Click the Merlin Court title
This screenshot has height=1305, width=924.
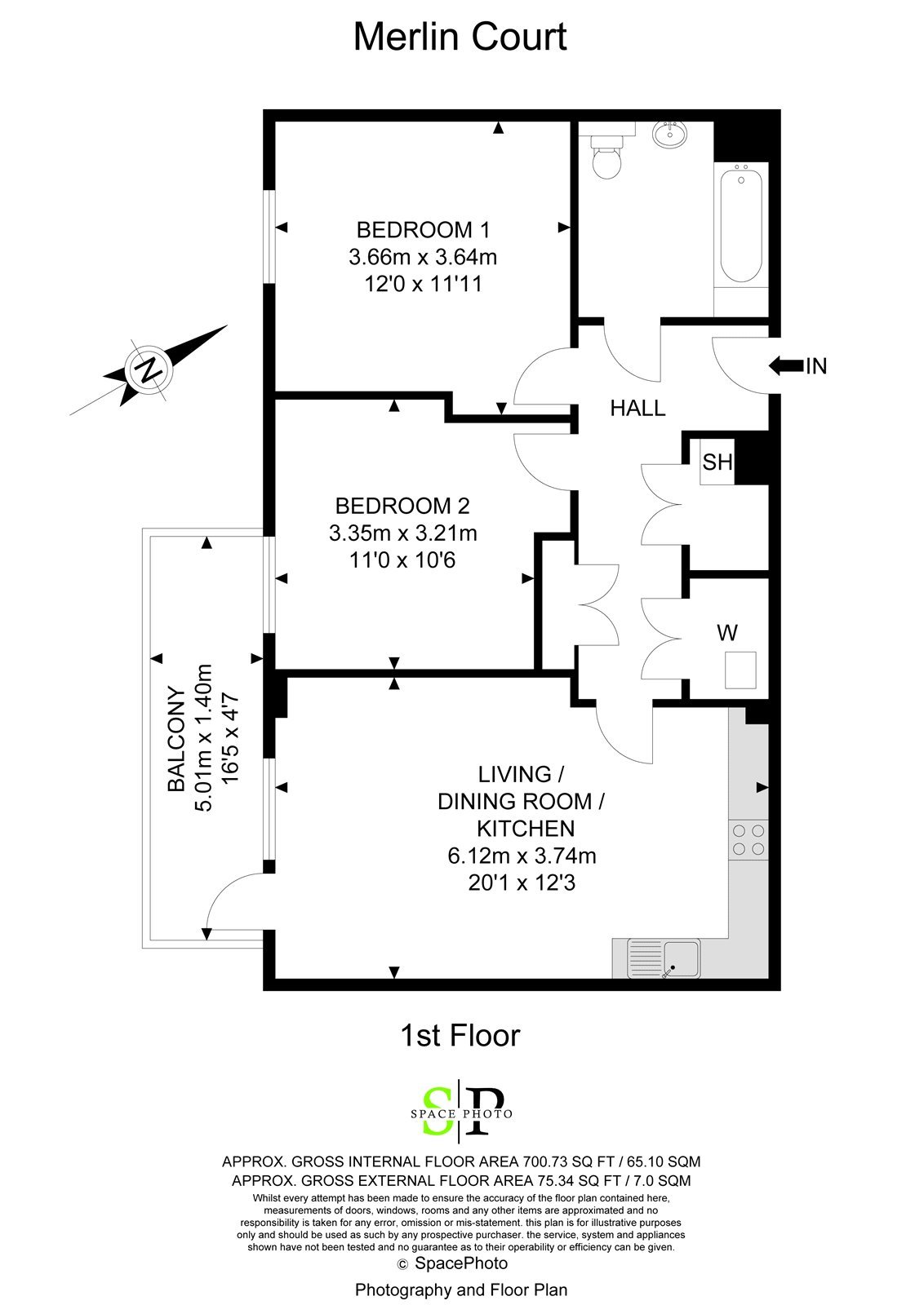tap(460, 38)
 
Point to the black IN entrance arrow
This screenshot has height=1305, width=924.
tap(785, 366)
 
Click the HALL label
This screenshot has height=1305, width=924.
tap(637, 408)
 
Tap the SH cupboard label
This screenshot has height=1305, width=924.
tap(717, 462)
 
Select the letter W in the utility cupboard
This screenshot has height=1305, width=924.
tap(726, 632)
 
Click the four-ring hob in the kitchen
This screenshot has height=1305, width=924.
tap(749, 840)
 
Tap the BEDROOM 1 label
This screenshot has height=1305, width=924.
tap(423, 229)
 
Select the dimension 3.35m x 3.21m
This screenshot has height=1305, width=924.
tap(402, 533)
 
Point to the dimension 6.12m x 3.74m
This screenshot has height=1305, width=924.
tap(522, 856)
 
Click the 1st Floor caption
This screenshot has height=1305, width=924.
tap(460, 1036)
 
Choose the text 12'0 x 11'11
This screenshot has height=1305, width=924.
tap(423, 284)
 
